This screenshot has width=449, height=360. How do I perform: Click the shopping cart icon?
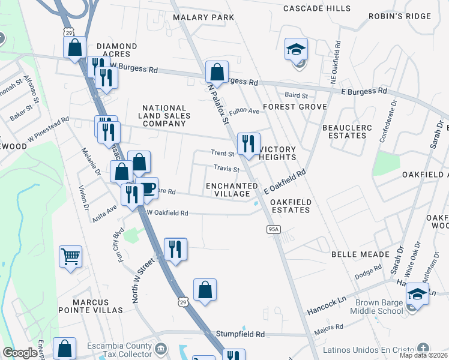pos(70,257)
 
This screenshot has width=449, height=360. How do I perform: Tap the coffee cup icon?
pos(147,189)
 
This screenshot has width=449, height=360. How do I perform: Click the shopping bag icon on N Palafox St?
pos(217,72)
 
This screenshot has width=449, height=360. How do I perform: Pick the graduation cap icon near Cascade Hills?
pos(296,49)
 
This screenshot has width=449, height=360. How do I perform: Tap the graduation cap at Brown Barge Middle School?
pos(417,294)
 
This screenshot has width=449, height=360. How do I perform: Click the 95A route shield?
pos(274,229)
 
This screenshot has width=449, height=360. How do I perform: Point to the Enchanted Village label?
pos(228,190)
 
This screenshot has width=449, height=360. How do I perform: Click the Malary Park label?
pos(203,17)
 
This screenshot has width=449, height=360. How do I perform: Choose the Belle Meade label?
pos(361,254)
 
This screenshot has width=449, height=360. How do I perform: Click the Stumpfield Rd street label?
pos(243,334)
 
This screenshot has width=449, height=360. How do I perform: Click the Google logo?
pos(20,353)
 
